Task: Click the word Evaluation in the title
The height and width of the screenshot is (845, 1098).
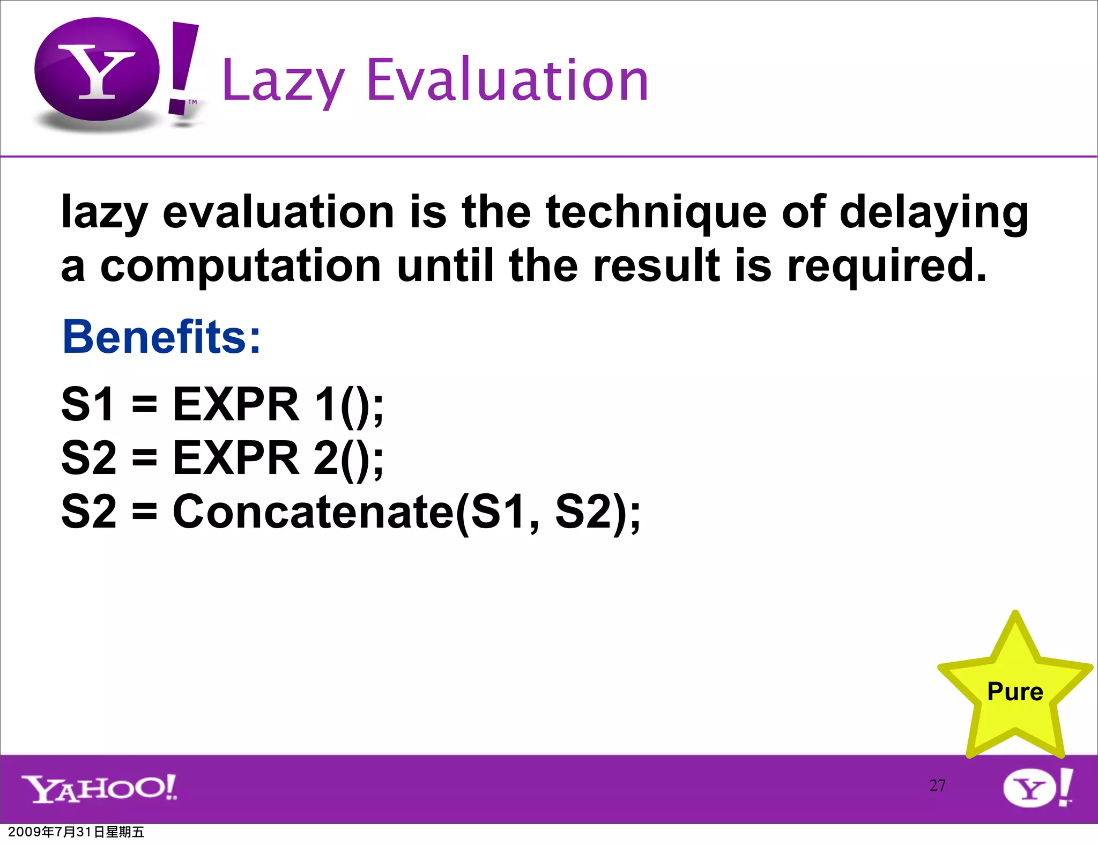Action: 507,80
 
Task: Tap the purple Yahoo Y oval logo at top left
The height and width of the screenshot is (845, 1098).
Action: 97,70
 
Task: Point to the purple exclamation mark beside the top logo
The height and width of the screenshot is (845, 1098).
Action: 182,67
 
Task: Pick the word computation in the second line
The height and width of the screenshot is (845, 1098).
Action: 240,266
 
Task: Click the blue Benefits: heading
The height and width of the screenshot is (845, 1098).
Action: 161,337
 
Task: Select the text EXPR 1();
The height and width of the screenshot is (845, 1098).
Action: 278,405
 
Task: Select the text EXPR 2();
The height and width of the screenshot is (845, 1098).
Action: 278,458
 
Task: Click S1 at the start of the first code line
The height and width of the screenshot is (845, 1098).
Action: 88,405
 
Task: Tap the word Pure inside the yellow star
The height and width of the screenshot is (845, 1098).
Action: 1015,692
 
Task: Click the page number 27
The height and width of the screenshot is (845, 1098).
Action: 937,785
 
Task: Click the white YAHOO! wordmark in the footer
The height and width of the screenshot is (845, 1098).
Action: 99,788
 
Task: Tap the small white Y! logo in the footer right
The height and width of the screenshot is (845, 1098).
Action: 1037,788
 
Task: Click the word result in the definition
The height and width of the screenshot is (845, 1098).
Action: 656,266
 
